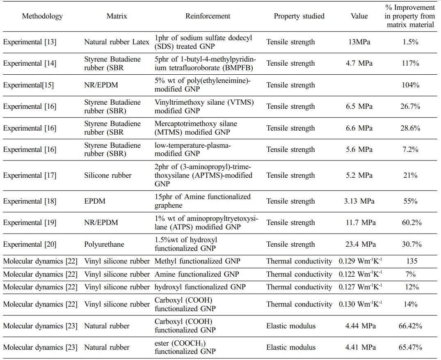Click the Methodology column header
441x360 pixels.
pos(42,16)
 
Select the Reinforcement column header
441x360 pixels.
pos(208,16)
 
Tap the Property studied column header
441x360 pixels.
pos(299,16)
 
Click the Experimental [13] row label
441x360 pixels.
pos(30,42)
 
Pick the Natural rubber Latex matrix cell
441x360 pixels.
pos(117,42)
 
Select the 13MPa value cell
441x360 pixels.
pos(359,42)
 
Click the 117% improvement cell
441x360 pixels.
pos(410,63)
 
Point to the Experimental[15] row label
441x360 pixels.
pos(28,85)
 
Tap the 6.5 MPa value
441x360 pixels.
pos(359,106)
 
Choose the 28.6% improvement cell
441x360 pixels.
pos(410,128)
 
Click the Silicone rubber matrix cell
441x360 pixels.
pos(108,175)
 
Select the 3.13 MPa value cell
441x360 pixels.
pos(359,201)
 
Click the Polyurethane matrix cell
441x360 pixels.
pos(104,244)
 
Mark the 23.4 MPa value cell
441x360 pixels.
pos(360,244)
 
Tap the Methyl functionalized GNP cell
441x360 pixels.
pos(197,261)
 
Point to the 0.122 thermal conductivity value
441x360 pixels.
pos(360,274)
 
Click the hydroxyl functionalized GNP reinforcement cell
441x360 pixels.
pos(200,287)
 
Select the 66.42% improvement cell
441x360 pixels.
pos(410,326)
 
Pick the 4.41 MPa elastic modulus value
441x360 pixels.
pos(360,347)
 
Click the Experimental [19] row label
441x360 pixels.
pos(30,222)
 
